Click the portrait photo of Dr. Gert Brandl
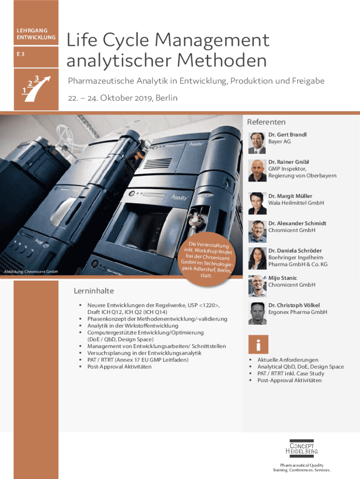point(257,143)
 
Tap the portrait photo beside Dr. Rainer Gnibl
point(257,170)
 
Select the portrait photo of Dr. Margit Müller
point(257,203)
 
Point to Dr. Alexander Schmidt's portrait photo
point(257,231)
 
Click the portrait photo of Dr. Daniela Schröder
point(257,258)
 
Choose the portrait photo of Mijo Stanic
point(257,286)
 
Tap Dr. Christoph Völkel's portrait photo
point(257,313)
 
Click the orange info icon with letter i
point(259,344)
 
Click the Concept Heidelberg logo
point(302,449)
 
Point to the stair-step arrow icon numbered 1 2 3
point(36,88)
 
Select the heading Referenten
point(266,122)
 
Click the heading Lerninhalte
point(94,291)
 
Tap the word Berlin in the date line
point(166,98)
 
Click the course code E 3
point(21,54)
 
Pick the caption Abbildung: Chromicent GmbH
point(31,272)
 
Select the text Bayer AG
point(280,141)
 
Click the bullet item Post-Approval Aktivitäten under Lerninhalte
point(119,367)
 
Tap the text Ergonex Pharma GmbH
point(298,312)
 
